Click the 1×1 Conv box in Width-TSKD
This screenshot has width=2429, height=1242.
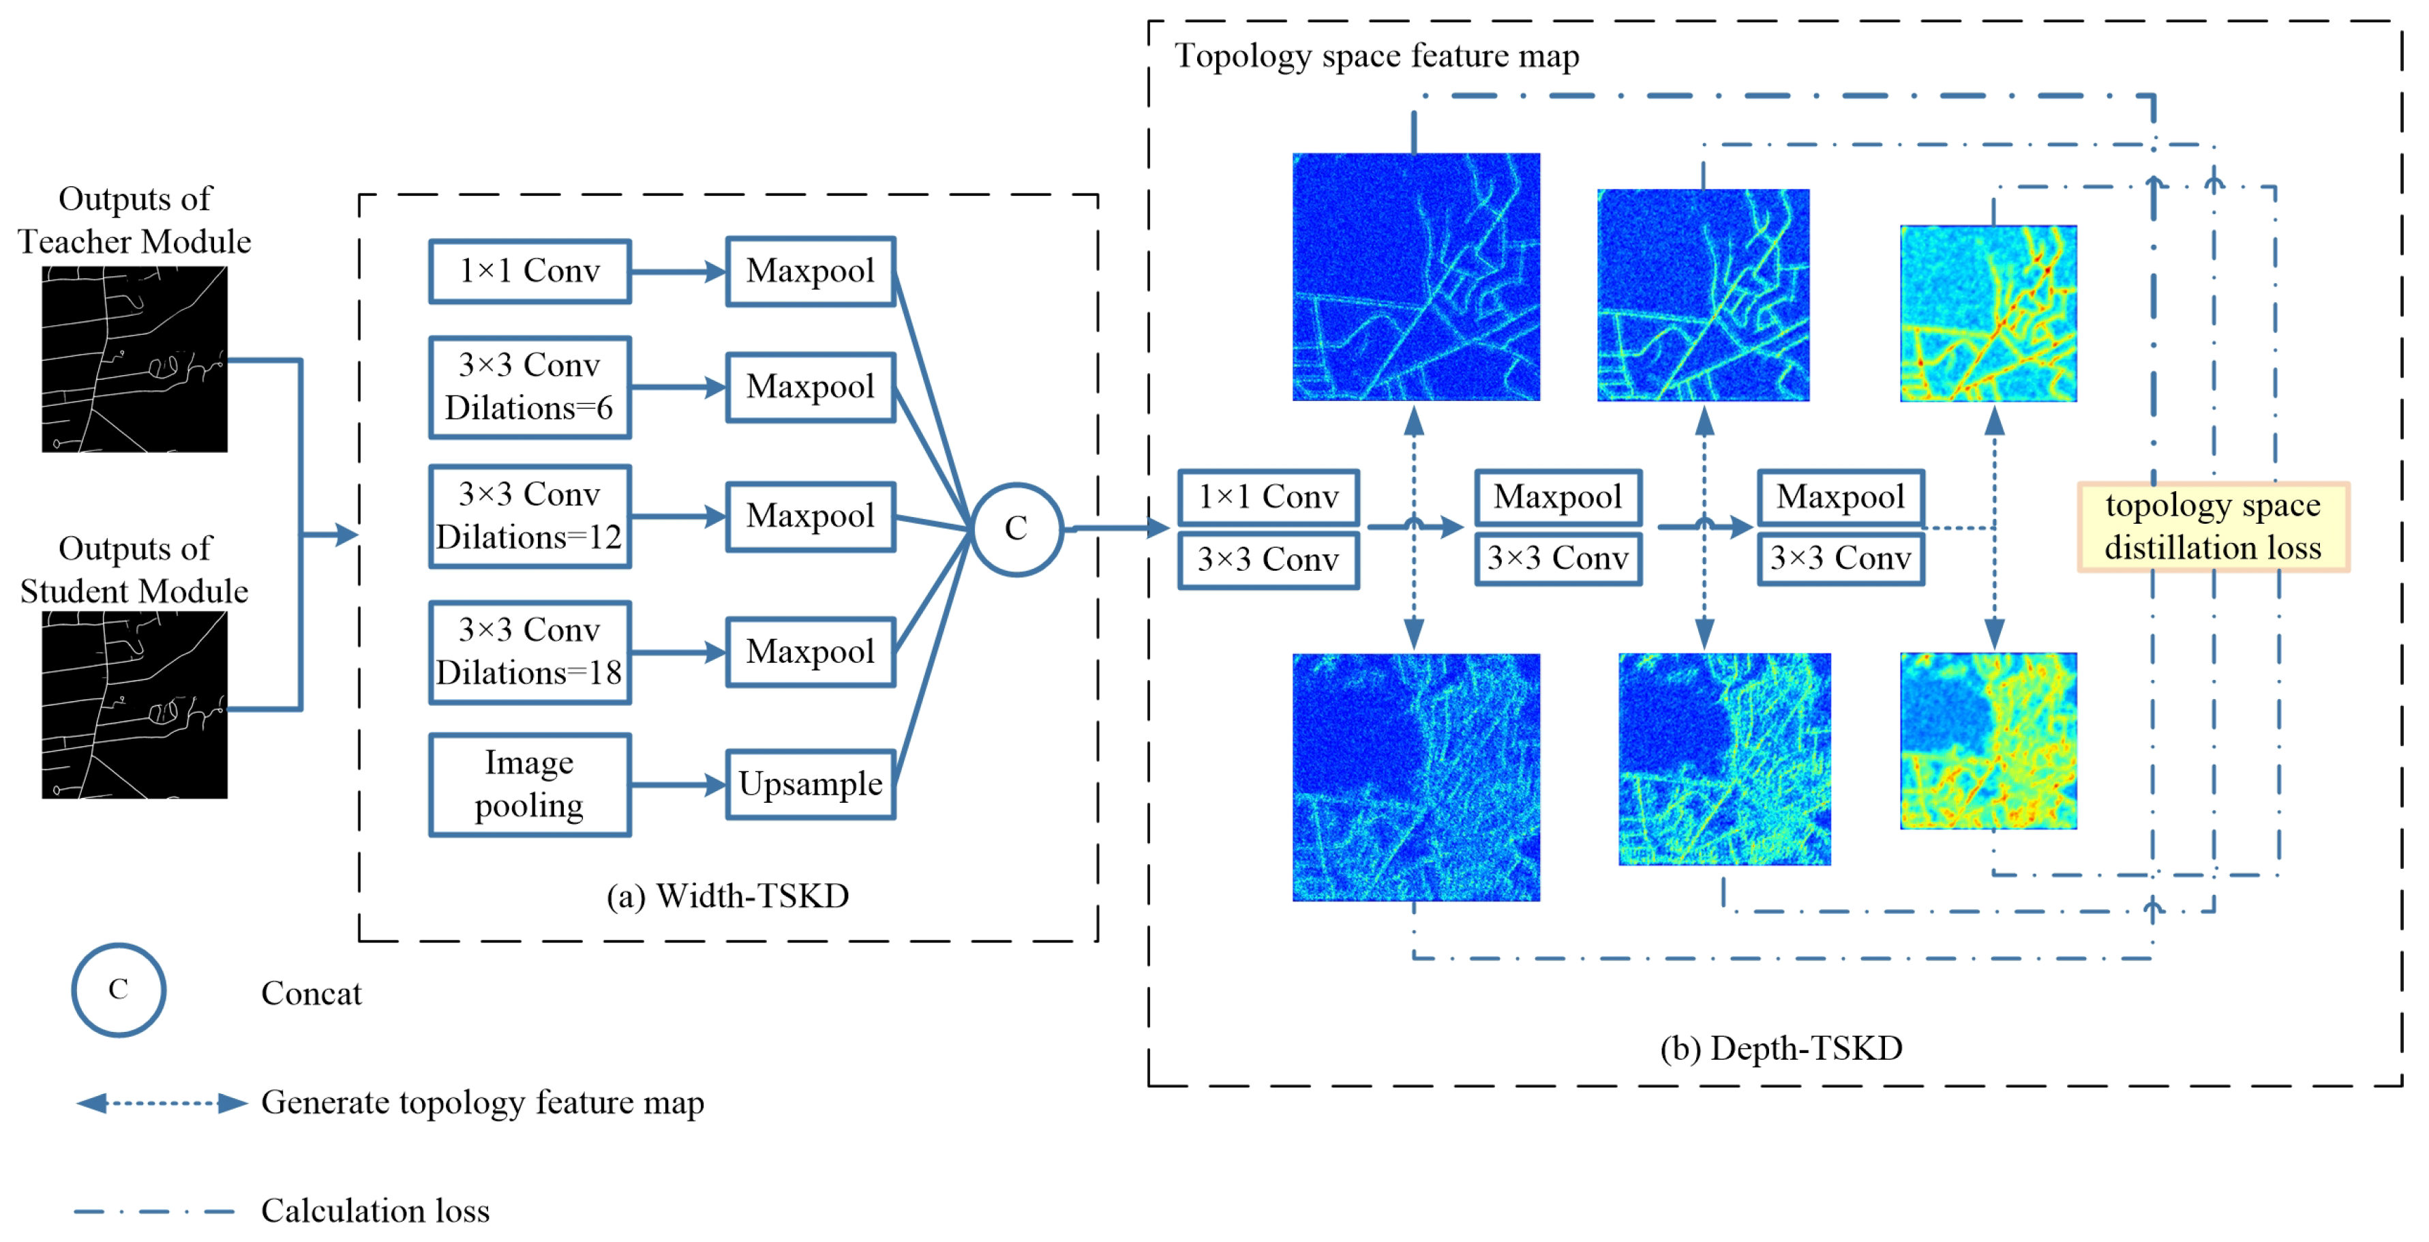tap(529, 271)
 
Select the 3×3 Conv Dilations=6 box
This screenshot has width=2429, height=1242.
tap(529, 387)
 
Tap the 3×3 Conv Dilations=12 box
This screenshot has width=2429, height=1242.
tap(529, 516)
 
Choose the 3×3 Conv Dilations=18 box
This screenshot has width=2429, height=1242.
tap(529, 651)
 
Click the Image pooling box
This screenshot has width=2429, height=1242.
tap(529, 784)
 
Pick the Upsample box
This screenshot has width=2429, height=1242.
tap(810, 784)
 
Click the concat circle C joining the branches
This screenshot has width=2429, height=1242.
tap(1016, 528)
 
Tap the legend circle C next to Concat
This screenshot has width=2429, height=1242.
tap(119, 989)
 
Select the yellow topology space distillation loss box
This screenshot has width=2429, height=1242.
tap(2212, 527)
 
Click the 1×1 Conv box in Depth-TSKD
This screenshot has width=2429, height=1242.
tap(1267, 497)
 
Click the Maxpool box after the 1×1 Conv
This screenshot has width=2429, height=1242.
tap(1557, 497)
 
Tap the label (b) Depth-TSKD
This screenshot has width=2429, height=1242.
tap(1780, 1048)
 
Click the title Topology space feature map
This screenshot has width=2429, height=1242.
tap(1376, 57)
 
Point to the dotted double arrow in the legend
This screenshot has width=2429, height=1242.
tap(162, 1102)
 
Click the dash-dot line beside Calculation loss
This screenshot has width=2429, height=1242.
tap(153, 1211)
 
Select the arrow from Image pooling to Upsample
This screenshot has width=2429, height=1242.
tap(677, 784)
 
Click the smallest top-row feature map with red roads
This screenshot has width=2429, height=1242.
tap(1988, 313)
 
